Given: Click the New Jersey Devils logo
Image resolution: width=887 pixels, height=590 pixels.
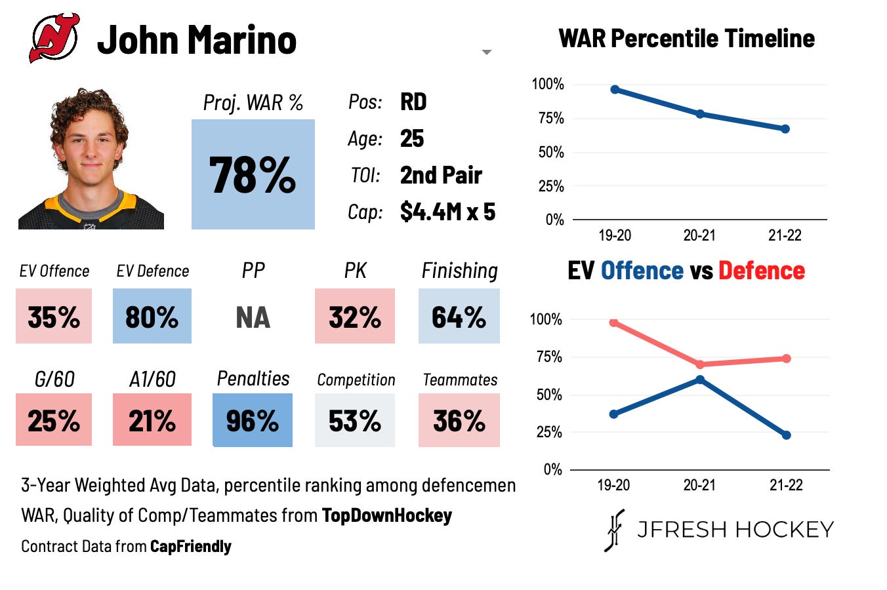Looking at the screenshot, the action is [54, 37].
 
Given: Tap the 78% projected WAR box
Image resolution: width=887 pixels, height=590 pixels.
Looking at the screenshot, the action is [253, 174].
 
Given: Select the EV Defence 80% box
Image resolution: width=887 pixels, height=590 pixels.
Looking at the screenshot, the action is [152, 316].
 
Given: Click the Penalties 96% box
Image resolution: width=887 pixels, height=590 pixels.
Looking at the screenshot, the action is [253, 420].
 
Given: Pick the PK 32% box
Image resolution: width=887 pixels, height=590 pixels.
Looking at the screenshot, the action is [355, 316].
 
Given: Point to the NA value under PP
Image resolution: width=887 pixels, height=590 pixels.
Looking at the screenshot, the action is [253, 317].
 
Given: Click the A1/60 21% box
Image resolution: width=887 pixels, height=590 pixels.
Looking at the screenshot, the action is [152, 420].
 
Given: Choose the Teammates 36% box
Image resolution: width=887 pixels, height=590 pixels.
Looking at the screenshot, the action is [459, 420].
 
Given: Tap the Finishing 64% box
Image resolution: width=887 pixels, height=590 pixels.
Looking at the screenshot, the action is [459, 316].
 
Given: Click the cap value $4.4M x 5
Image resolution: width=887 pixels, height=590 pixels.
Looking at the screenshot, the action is [447, 211].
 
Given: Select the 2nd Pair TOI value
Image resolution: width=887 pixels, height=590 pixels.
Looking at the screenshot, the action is [441, 175].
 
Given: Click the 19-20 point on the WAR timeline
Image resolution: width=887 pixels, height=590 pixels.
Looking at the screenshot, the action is [615, 89].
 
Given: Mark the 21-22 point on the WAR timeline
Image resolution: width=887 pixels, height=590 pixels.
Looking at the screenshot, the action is [785, 129].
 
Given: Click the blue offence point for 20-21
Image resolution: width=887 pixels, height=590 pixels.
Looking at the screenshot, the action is [700, 380].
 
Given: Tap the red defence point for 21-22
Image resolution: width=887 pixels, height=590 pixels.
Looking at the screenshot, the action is [787, 359].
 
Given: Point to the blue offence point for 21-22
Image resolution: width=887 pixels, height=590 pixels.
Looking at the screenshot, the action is [787, 435].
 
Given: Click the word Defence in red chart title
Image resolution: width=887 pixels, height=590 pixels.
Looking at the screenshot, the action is [762, 271].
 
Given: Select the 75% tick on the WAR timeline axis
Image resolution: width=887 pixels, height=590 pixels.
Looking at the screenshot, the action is [551, 118].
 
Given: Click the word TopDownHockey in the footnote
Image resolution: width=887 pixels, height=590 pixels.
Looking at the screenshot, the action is [387, 515].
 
